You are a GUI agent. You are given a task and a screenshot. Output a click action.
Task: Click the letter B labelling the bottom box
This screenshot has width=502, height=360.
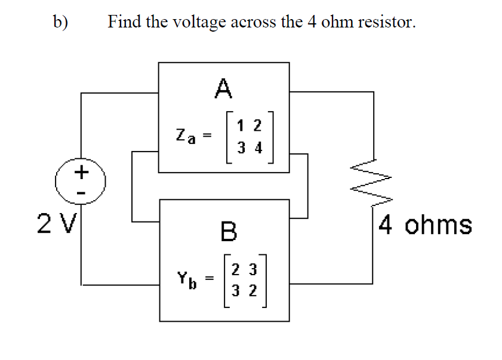coord(228,231)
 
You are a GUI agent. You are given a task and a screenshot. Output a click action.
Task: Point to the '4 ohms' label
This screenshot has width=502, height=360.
coord(425,226)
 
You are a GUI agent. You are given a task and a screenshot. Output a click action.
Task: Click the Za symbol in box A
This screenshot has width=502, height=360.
coord(184,136)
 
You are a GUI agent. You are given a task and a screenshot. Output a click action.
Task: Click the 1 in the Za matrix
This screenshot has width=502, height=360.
coord(239,125)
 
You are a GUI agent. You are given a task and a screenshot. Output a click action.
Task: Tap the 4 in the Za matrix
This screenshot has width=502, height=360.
coord(258,147)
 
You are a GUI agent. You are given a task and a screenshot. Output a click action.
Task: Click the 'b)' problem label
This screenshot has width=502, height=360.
coord(61,22)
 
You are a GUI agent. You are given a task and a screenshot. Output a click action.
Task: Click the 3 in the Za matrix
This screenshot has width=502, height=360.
coord(239,147)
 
